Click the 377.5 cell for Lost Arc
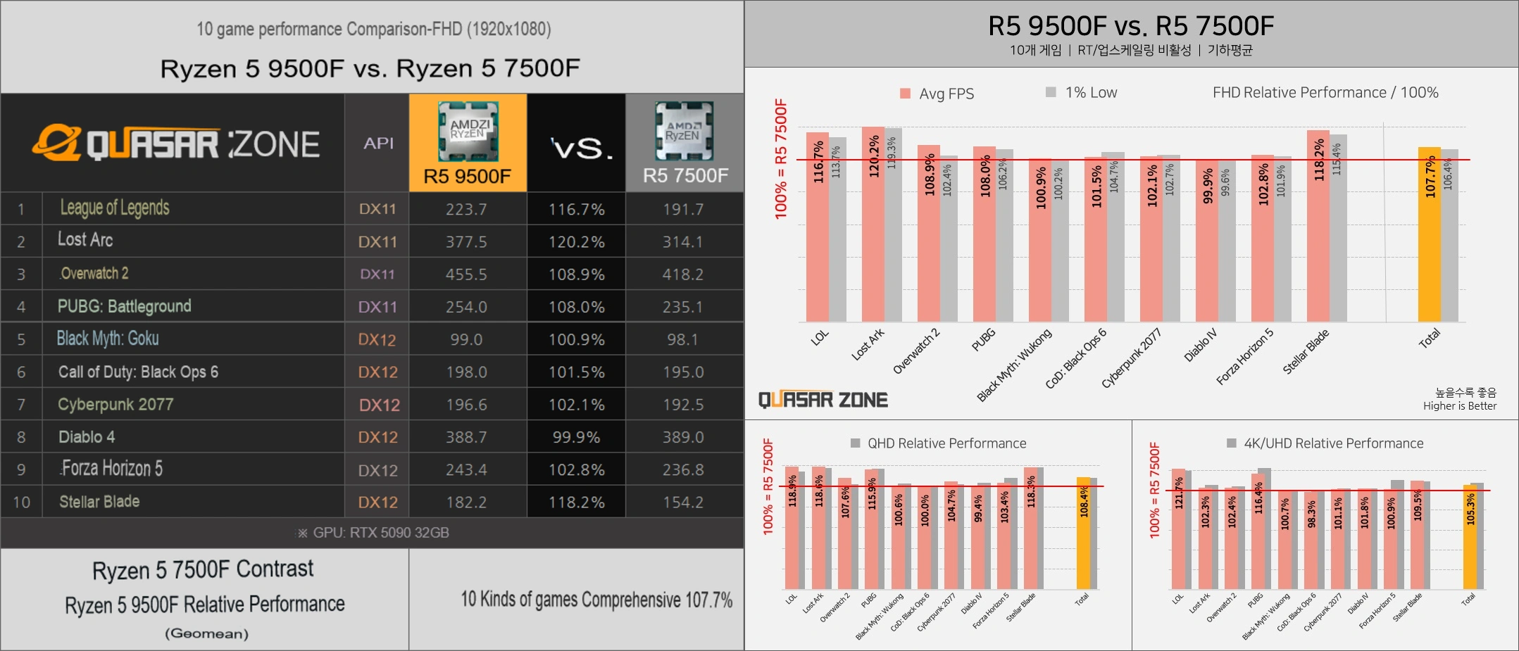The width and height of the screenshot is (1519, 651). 466,241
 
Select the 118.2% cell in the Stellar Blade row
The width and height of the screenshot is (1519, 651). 576,502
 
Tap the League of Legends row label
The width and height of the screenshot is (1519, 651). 115,208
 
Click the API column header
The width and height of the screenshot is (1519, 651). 378,143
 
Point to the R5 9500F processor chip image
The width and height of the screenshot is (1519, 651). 468,131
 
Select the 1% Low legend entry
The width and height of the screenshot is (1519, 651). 1082,92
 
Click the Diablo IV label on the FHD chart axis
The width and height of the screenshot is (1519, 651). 1200,345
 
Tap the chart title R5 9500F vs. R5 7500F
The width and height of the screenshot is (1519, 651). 1131,26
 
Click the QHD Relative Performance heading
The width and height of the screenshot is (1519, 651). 946,443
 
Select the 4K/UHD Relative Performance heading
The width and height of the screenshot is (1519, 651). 1332,443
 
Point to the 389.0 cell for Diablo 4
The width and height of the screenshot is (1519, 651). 682,437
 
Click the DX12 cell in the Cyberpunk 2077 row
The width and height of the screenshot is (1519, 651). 379,405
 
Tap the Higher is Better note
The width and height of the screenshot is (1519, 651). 1459,405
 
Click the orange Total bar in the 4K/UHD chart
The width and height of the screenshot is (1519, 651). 1470,538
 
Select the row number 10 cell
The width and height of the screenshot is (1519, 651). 21,502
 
